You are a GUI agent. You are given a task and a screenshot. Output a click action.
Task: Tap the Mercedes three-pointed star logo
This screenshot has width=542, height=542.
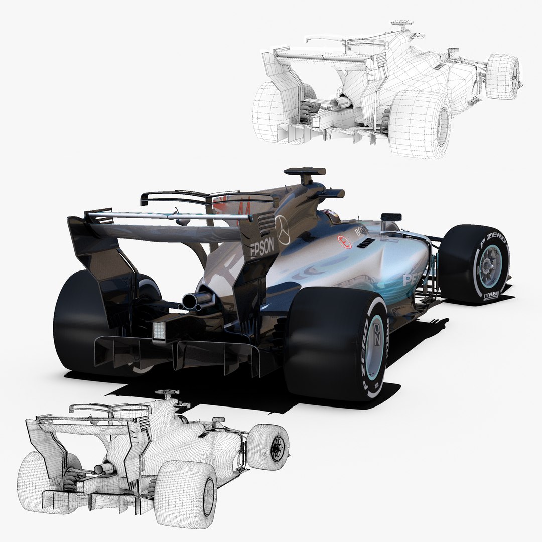pyautogui.click(x=283, y=230)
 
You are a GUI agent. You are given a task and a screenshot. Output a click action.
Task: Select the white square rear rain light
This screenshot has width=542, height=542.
pyautogui.click(x=160, y=330)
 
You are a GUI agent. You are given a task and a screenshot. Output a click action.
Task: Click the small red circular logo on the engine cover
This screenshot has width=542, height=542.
pyautogui.click(x=344, y=241)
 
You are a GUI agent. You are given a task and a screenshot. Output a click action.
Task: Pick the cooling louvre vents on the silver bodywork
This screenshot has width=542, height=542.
pyautogui.click(x=367, y=243)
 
